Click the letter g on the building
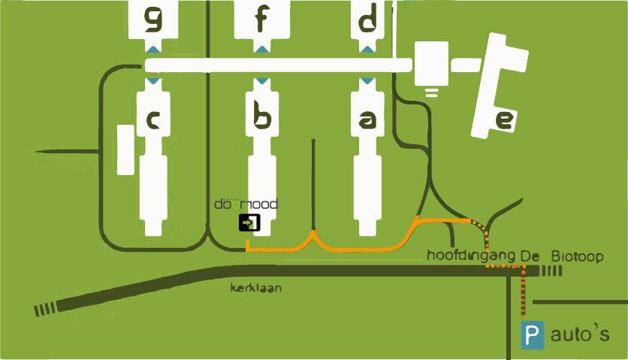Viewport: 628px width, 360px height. coord(153,20)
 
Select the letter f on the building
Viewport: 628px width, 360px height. coord(260,20)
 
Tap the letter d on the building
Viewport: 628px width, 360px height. coord(367,20)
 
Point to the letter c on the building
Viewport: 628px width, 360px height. coord(152,119)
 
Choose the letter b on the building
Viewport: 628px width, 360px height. coord(261,119)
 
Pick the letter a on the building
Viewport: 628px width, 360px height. coord(367,119)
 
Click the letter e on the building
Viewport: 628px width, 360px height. coord(504,119)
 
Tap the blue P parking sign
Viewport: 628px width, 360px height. coord(533,335)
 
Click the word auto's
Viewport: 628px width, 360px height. coord(579,335)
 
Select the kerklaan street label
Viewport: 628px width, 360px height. coord(256,288)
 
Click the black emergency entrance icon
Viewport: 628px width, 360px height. coord(249,222)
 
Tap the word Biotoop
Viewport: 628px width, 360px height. coord(577,256)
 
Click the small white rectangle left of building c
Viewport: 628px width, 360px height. coord(125,150)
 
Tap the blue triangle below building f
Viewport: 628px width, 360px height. coord(261,49)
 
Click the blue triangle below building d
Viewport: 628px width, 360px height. coord(367,49)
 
